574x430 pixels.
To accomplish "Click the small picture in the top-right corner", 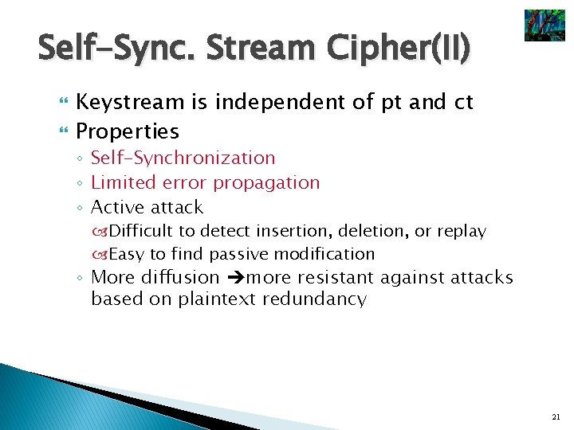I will pos(544,25).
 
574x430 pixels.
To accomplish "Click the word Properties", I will pos(127,131).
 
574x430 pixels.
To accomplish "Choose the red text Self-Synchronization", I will pos(183,158).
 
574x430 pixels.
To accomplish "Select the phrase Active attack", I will pos(147,207).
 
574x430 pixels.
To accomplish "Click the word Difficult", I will pos(140,231).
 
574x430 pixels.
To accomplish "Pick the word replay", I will pos(461,231).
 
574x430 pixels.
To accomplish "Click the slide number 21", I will pos(556,416).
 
